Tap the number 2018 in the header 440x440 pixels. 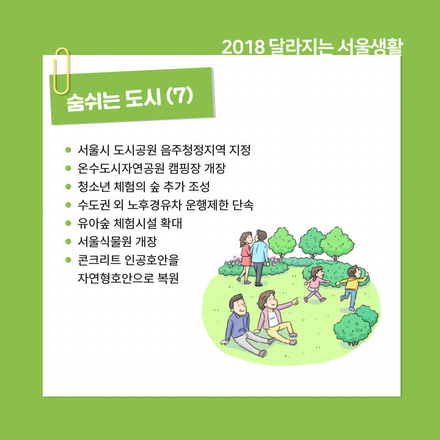(242, 46)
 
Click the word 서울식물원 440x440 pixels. (109, 241)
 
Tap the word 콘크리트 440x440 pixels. (100, 259)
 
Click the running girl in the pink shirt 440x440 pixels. (315, 283)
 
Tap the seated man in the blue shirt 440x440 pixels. (241, 324)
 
